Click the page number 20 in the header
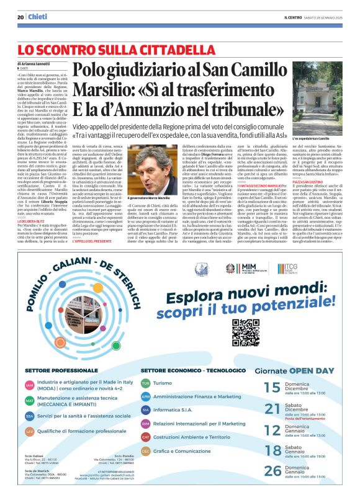click(x=20, y=17)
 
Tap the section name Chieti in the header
click(x=38, y=17)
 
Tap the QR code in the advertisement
click(x=245, y=331)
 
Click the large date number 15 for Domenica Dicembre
click(x=272, y=388)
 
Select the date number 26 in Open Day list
click(x=272, y=471)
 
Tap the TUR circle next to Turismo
click(x=145, y=383)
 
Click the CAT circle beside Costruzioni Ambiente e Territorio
click(x=145, y=437)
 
